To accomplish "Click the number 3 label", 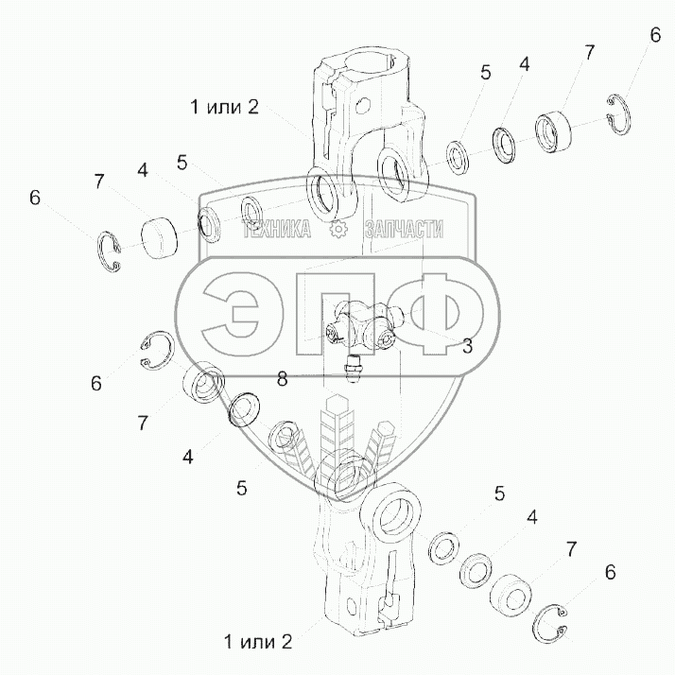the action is (467, 347).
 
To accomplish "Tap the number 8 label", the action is (283, 379).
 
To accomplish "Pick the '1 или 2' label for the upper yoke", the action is (223, 107).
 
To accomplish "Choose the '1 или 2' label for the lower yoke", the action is (258, 642).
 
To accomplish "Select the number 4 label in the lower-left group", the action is (188, 457).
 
